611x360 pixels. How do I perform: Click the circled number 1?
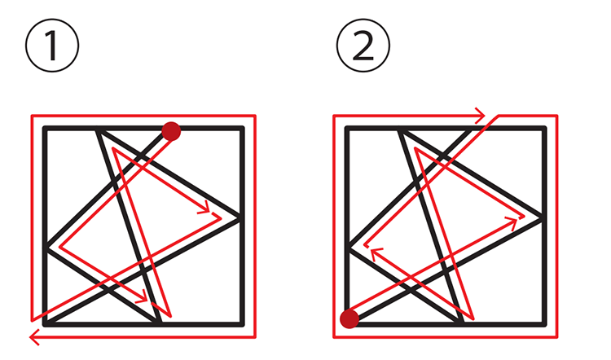coord(52,46)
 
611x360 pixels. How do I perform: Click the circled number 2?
coord(363,46)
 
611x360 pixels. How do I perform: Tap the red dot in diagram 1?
coord(171,131)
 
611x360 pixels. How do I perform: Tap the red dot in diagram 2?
coord(349,318)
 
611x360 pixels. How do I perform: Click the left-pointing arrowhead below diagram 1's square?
coord(34,337)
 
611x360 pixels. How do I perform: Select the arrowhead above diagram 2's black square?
coord(480,116)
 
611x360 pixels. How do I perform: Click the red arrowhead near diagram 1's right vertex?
coord(205,209)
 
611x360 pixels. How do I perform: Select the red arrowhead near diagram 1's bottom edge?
coord(143,298)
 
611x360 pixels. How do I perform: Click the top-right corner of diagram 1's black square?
coord(243,128)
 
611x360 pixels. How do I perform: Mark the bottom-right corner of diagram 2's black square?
coord(544,324)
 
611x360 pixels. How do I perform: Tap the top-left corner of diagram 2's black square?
coord(347,128)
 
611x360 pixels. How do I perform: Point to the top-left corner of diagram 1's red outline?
coord(32,116)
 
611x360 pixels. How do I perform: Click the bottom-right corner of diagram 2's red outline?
coord(557,337)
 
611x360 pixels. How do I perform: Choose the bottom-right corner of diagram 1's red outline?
coord(255,337)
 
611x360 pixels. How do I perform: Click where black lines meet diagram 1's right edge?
coord(242,217)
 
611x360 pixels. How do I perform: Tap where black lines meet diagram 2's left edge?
coord(348,248)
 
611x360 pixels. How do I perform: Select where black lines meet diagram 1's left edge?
coord(45,248)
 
